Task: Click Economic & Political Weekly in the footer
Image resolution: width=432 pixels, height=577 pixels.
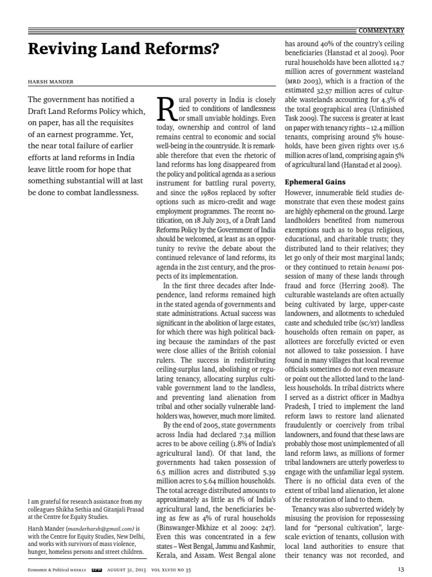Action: click(x=57, y=570)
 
